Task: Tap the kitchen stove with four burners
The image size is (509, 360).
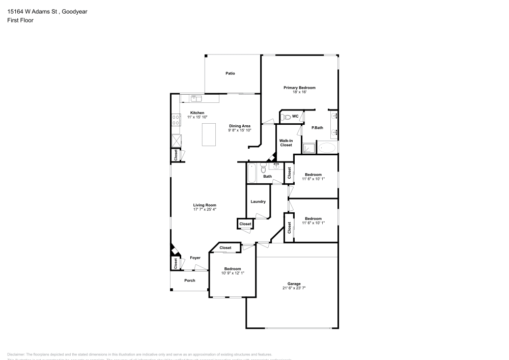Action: pos(176,120)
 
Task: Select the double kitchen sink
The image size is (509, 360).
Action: pos(196,98)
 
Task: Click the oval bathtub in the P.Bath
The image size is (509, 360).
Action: pos(327,148)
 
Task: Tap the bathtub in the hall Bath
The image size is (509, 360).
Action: pos(252,173)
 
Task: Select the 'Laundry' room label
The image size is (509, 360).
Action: pos(258,202)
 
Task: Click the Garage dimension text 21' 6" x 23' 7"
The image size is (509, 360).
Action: pos(294,288)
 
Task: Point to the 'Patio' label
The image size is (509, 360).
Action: pos(230,73)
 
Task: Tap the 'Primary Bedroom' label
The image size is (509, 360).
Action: pos(299,88)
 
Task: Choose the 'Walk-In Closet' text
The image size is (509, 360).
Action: pos(286,143)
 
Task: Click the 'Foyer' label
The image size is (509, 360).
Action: pos(195,258)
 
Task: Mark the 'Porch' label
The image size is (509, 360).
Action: pos(189,281)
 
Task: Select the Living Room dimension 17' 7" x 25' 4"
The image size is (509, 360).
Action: pos(204,209)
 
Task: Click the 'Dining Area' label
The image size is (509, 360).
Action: pos(239,126)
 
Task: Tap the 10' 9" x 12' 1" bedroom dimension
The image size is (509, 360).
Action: pos(233,273)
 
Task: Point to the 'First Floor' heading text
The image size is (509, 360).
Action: pos(20,20)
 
